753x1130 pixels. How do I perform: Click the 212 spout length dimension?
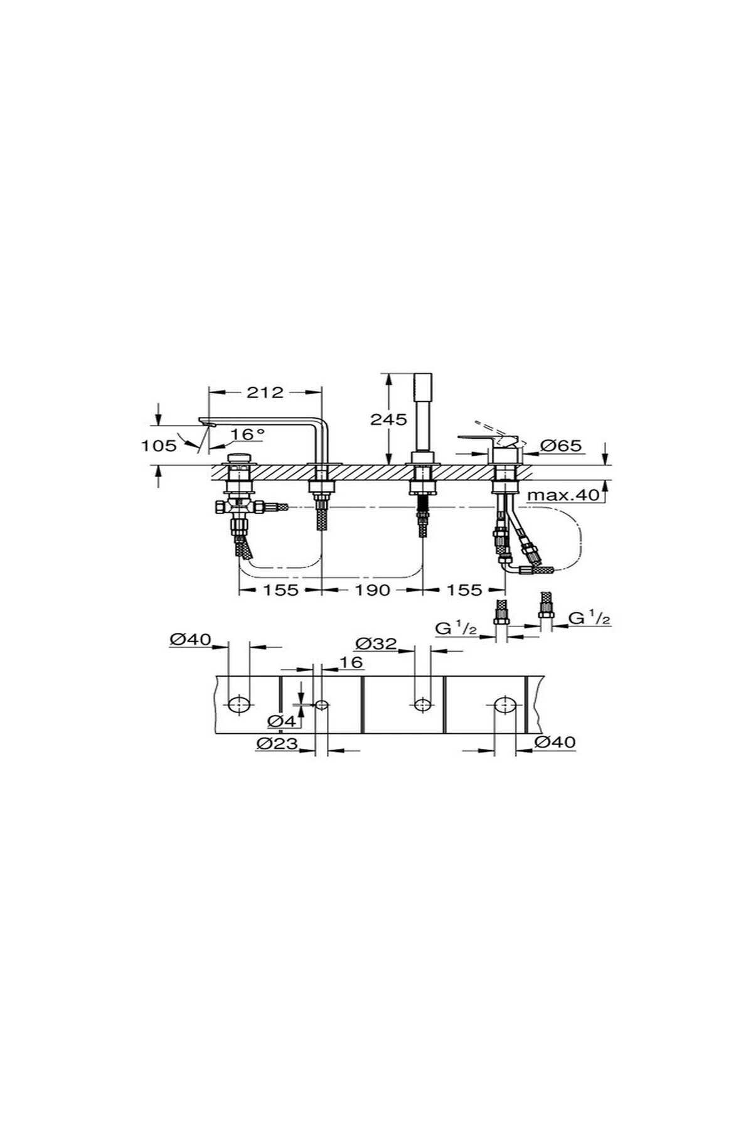tap(265, 392)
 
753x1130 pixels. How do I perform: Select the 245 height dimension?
tap(388, 419)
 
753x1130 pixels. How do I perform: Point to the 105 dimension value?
tap(159, 446)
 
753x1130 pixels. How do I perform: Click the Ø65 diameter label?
tap(562, 446)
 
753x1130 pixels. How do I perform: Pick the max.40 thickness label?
tap(563, 495)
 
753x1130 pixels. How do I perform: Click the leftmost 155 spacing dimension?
tap(280, 590)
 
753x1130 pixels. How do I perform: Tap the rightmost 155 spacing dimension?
tap(464, 590)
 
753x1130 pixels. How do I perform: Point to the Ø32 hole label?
tap(376, 643)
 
